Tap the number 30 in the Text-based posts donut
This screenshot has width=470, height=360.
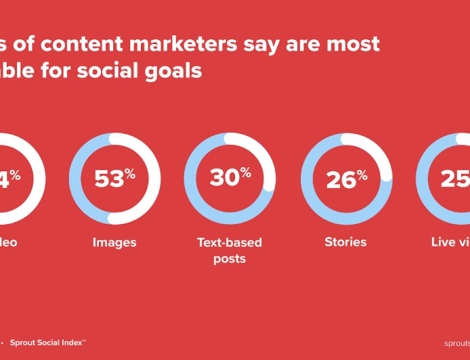tap(224, 177)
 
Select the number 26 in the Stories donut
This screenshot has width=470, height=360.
tap(341, 180)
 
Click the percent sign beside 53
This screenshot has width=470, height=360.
tap(130, 174)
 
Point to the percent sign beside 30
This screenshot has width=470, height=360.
tap(246, 173)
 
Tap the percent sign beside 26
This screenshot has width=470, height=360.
tap(362, 175)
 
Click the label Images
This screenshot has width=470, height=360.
tap(114, 242)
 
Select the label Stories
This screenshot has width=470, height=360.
tap(345, 242)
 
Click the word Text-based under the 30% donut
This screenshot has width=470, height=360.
tap(230, 242)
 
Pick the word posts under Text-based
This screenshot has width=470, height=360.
tap(230, 258)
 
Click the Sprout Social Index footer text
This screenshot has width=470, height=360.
tap(47, 342)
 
